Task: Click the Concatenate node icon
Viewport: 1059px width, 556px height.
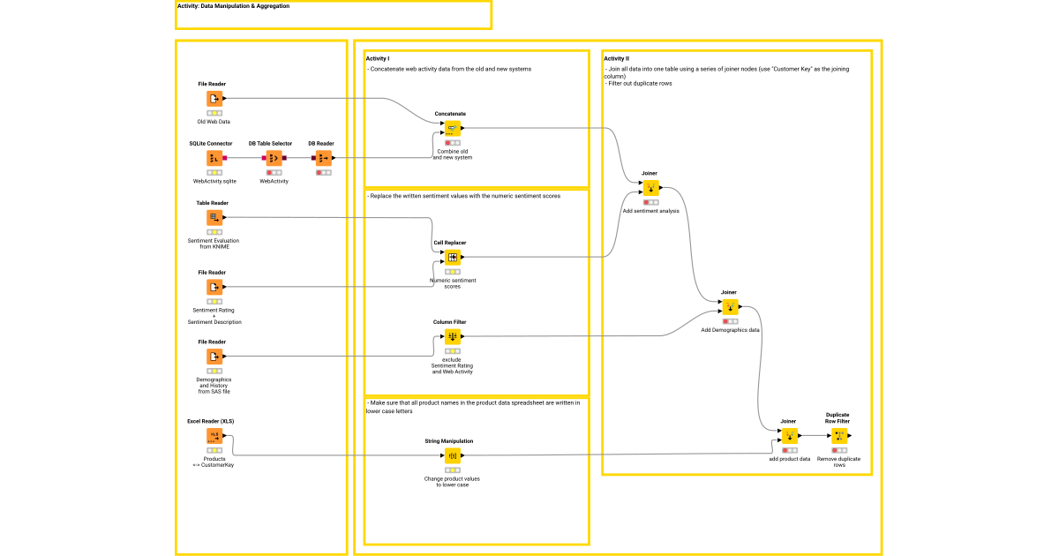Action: [x=452, y=128]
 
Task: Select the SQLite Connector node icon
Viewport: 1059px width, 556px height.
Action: [x=214, y=158]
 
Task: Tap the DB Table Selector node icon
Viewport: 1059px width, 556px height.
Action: [x=274, y=158]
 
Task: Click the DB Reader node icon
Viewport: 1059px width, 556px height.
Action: [x=324, y=158]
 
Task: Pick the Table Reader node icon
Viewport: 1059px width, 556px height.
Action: [x=214, y=217]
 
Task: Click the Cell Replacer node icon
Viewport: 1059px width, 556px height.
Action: [x=452, y=258]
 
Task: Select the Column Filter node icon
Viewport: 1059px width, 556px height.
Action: [x=452, y=336]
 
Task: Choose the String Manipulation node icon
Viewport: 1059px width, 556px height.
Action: [x=452, y=456]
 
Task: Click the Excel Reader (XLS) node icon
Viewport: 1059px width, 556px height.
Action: [x=214, y=436]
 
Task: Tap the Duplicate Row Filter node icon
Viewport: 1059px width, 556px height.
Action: [x=839, y=436]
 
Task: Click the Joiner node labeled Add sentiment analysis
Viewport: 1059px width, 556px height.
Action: [x=650, y=188]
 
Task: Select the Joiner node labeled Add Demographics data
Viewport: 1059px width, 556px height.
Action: [x=730, y=307]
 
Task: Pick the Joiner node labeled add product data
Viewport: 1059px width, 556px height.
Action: [x=789, y=436]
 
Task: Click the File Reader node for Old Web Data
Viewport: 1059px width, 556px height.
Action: [x=214, y=99]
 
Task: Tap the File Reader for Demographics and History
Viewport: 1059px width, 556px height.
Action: [x=214, y=357]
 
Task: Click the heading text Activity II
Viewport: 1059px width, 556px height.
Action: [x=616, y=59]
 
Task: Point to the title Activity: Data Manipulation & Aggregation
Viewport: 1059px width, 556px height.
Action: [x=233, y=6]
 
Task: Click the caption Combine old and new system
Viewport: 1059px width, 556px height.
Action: [x=452, y=154]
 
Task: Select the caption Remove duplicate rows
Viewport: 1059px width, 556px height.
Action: [x=838, y=462]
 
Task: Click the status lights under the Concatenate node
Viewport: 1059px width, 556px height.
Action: [x=452, y=143]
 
